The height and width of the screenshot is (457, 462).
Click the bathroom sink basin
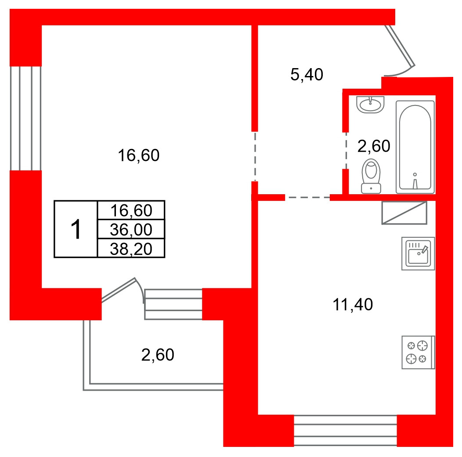click(370, 105)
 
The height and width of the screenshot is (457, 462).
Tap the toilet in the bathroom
click(371, 176)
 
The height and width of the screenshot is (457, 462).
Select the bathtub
click(415, 147)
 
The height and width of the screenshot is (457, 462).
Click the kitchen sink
click(418, 254)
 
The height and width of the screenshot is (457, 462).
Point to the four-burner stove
click(419, 352)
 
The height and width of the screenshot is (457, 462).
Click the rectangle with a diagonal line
click(404, 213)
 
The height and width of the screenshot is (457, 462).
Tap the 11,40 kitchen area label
click(353, 305)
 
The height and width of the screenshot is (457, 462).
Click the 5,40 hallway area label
click(307, 74)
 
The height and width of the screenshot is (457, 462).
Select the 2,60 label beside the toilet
click(374, 146)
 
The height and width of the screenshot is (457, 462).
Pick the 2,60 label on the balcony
click(158, 355)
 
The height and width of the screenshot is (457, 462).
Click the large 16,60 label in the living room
click(138, 155)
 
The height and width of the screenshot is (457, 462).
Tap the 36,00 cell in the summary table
click(131, 229)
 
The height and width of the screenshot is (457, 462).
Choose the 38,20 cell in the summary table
click(131, 248)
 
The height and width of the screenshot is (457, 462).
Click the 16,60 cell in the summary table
click(131, 210)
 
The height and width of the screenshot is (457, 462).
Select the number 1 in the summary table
click(76, 229)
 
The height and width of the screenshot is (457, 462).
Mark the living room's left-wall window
click(25, 118)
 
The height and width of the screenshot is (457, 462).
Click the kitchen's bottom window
click(345, 431)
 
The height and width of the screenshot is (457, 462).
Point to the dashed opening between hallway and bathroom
click(346, 151)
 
